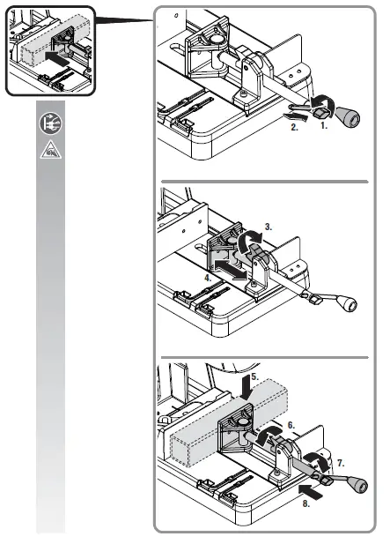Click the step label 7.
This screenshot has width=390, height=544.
342,460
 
